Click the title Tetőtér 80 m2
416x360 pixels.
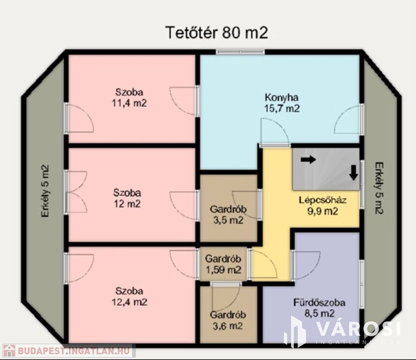pyautogui.click(x=216, y=33)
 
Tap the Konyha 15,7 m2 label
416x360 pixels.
pyautogui.click(x=282, y=103)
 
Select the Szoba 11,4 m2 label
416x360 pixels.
pyautogui.click(x=129, y=97)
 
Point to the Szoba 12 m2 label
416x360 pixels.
pyautogui.click(x=127, y=198)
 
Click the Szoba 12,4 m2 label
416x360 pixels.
pyautogui.click(x=129, y=297)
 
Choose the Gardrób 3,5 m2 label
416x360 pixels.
pyautogui.click(x=228, y=215)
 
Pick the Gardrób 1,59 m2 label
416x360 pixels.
pyautogui.click(x=223, y=264)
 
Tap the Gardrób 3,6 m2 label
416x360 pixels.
pyautogui.click(x=228, y=320)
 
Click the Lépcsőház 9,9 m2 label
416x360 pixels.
pyautogui.click(x=323, y=206)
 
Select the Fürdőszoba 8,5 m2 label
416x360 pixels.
pyautogui.click(x=319, y=308)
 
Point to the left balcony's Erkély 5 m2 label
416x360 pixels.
pyautogui.click(x=45, y=191)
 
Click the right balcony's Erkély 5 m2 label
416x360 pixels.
pyautogui.click(x=379, y=188)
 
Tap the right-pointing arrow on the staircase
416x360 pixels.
pyautogui.click(x=308, y=159)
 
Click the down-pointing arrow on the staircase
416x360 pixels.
pyautogui.click(x=353, y=173)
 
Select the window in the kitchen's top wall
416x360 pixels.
pyautogui.click(x=240, y=52)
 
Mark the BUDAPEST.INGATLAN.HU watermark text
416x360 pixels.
pyautogui.click(x=74, y=351)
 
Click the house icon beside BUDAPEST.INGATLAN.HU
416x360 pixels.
pyautogui.click(x=9, y=351)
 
